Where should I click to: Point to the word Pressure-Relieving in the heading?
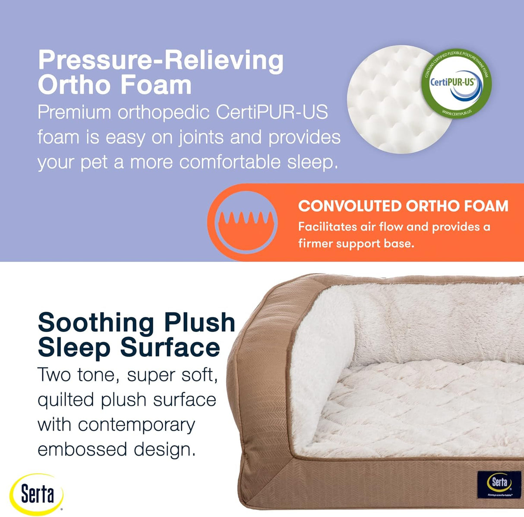(x=161, y=60)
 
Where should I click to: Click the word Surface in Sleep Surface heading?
(x=170, y=347)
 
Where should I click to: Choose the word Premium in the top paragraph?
(x=74, y=113)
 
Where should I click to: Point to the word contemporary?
(x=136, y=425)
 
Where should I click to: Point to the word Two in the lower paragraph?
(x=54, y=375)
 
